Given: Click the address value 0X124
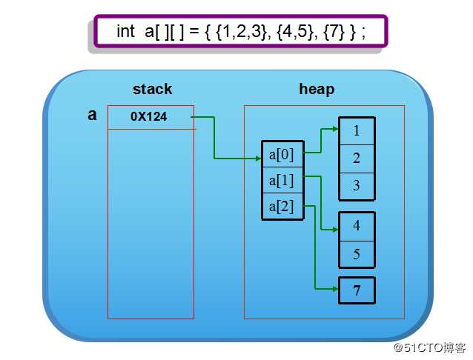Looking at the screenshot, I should click(x=148, y=116).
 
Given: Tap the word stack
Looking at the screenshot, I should click(x=152, y=89).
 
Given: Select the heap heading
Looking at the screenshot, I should click(x=317, y=89).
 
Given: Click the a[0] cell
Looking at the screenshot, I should click(x=282, y=154).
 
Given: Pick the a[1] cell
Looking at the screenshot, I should click(x=282, y=180).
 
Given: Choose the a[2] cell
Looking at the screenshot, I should click(x=282, y=206).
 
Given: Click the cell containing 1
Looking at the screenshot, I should click(x=357, y=131).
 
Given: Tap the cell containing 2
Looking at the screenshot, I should click(x=357, y=158).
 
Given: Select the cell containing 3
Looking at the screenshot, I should click(x=357, y=186).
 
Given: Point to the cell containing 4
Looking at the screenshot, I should click(x=357, y=226).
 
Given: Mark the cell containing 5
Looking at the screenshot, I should click(x=357, y=254).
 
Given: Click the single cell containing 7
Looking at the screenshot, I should click(x=357, y=290).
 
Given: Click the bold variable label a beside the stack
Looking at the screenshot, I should click(x=92, y=115).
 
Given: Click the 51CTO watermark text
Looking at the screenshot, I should click(x=429, y=347).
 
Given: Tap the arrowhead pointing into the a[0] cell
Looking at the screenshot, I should click(x=258, y=158).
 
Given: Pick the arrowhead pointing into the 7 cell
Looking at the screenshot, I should click(x=336, y=289).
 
